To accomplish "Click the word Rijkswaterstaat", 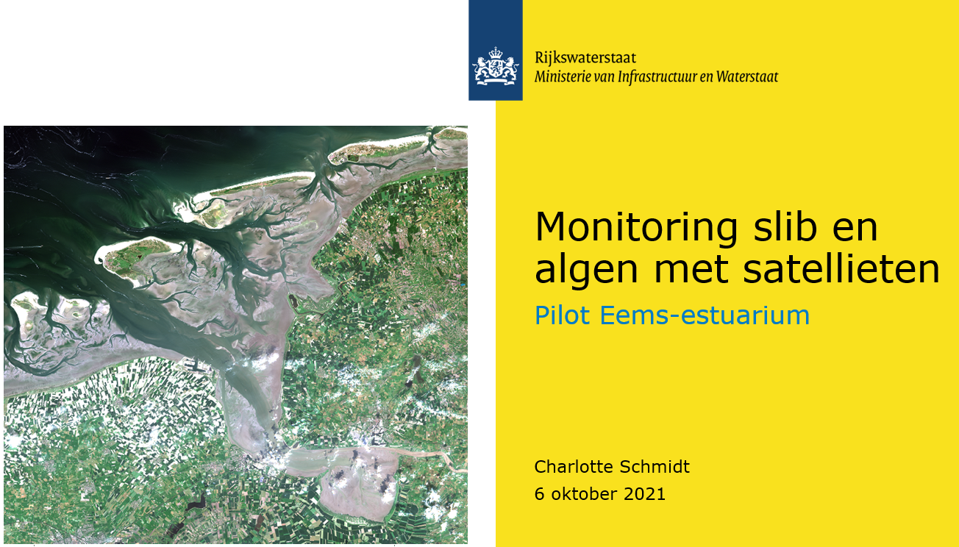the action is [585, 58].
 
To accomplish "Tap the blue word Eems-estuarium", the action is [705, 315].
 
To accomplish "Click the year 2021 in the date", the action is [644, 494].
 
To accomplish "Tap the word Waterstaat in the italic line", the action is [747, 77].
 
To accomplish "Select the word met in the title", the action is [691, 270].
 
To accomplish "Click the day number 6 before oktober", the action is [540, 494].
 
